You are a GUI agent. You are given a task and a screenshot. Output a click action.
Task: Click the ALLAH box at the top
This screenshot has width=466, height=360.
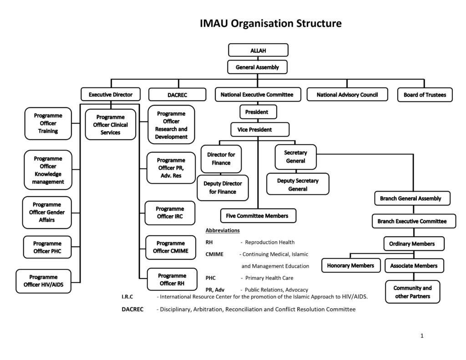(x=258, y=51)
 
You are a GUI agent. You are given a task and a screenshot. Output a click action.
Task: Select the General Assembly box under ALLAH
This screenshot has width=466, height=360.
(x=257, y=67)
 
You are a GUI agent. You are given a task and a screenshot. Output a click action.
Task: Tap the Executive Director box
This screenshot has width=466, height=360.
(x=111, y=95)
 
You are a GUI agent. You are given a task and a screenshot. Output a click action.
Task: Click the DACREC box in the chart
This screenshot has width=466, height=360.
(x=174, y=95)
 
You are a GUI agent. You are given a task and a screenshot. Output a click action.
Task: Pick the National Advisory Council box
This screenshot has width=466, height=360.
(x=347, y=95)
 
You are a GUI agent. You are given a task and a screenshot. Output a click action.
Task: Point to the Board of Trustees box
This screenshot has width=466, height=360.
(x=425, y=95)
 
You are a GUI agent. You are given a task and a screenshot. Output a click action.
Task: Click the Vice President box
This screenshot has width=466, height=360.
(x=260, y=130)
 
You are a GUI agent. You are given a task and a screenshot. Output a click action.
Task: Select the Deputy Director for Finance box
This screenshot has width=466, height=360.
(x=223, y=188)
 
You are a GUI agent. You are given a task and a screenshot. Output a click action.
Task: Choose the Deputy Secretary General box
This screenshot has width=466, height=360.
(x=298, y=184)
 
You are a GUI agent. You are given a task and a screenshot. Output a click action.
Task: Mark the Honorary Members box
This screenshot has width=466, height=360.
(x=350, y=265)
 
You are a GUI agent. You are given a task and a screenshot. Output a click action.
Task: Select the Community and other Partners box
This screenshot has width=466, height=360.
(x=413, y=292)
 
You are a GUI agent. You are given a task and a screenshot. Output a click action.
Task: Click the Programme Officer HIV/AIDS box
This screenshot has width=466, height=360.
(x=43, y=281)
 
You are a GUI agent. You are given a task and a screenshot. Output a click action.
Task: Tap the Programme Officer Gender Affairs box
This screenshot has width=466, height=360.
(x=47, y=213)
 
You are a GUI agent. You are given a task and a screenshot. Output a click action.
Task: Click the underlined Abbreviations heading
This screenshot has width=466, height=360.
(x=222, y=231)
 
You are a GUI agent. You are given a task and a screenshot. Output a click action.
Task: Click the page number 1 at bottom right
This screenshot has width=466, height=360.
(x=422, y=336)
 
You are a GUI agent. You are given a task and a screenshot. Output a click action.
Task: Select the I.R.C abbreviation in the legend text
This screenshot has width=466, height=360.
(x=127, y=297)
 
